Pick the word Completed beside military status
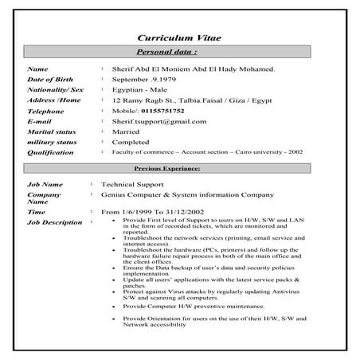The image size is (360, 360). pyautogui.click(x=131, y=143)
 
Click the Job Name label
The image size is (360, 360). pyautogui.click(x=45, y=184)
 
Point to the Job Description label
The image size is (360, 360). pyautogui.click(x=55, y=223)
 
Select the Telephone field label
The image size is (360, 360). pyautogui.click(x=45, y=112)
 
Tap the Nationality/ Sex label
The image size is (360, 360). pyautogui.click(x=56, y=91)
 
